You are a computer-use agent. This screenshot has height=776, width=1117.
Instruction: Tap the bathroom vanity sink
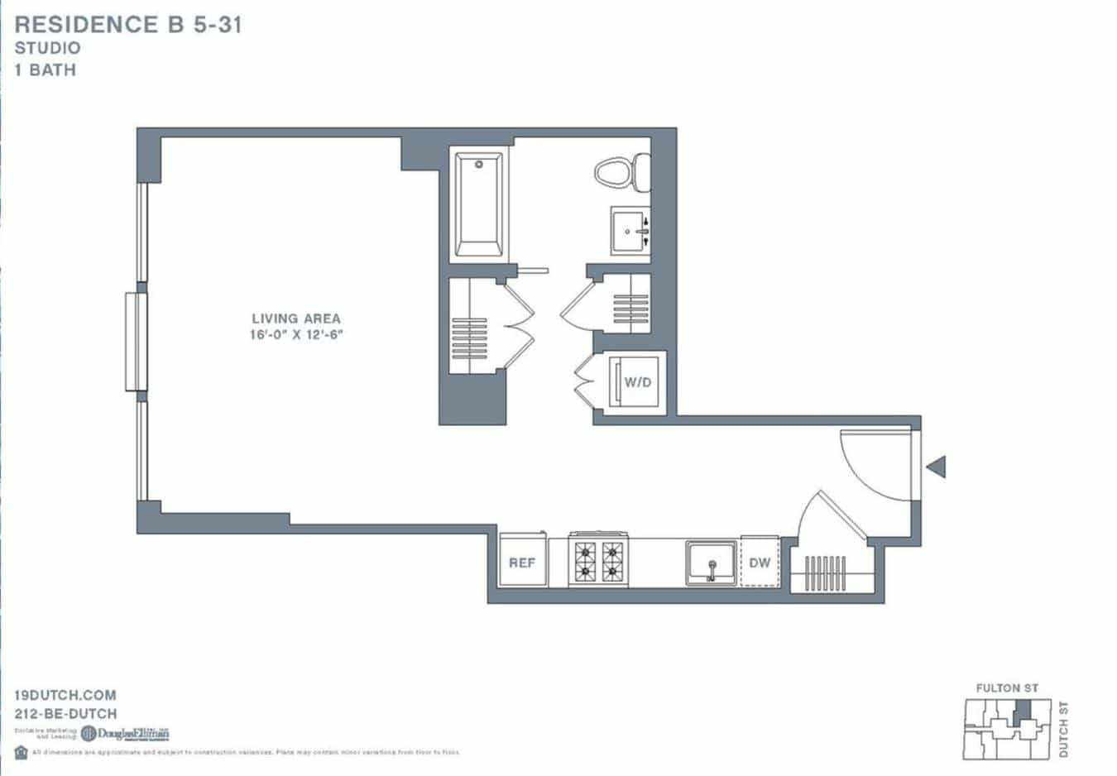pyautogui.click(x=630, y=230)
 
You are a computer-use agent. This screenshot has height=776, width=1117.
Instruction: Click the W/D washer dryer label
pyautogui.click(x=637, y=382)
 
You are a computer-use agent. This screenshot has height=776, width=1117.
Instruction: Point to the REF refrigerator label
pyautogui.click(x=522, y=563)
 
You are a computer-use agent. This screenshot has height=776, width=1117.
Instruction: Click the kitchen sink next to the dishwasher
pyautogui.click(x=711, y=563)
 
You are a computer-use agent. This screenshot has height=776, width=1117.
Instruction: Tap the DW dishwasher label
pyautogui.click(x=760, y=563)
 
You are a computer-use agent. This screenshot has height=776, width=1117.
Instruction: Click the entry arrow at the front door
pyautogui.click(x=936, y=467)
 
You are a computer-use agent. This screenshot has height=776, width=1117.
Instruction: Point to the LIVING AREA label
pyautogui.click(x=295, y=319)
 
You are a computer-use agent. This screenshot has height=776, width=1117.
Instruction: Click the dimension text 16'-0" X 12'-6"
pyautogui.click(x=295, y=335)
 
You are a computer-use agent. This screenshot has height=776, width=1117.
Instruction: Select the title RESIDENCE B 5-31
pyautogui.click(x=128, y=25)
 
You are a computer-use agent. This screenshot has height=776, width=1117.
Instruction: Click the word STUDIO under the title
pyautogui.click(x=47, y=48)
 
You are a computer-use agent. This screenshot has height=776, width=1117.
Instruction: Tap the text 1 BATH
pyautogui.click(x=45, y=70)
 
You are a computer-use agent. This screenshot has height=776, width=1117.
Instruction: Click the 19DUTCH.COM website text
pyautogui.click(x=65, y=695)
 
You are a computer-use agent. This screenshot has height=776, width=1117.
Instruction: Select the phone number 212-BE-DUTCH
pyautogui.click(x=65, y=713)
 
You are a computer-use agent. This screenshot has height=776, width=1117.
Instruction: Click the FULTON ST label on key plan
pyautogui.click(x=1006, y=687)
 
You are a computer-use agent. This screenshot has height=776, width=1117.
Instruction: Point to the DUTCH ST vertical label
pyautogui.click(x=1064, y=729)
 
